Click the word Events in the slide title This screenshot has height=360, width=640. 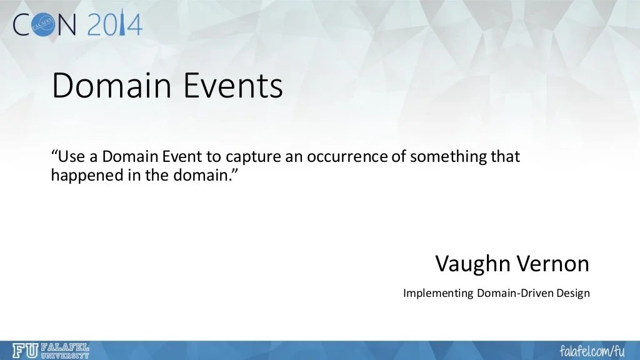[x=234, y=86]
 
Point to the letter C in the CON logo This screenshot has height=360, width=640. [x=22, y=24]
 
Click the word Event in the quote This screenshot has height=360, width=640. [x=182, y=156]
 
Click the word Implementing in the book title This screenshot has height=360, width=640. [x=438, y=293]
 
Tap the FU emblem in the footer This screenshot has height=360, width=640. [x=24, y=351]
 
